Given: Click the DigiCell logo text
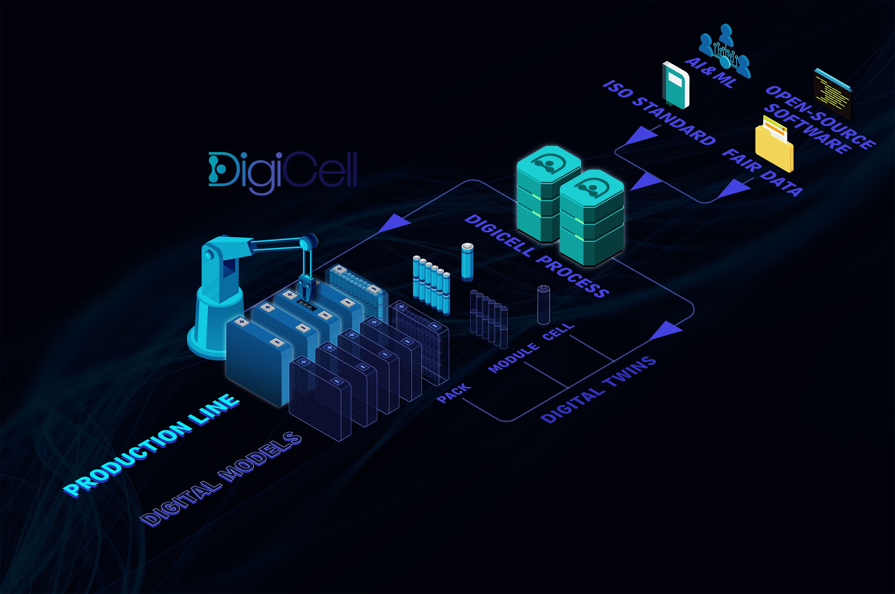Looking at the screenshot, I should click(283, 171).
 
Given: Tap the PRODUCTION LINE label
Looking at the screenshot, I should click(151, 445).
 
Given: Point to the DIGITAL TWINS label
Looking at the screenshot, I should click(598, 389).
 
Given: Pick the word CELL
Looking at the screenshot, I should click(558, 332).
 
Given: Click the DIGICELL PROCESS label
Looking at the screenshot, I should click(536, 256).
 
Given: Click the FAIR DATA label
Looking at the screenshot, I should click(762, 172).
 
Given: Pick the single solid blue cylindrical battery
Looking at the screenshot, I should click(467, 262).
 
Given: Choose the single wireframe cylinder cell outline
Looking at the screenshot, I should click(544, 305).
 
